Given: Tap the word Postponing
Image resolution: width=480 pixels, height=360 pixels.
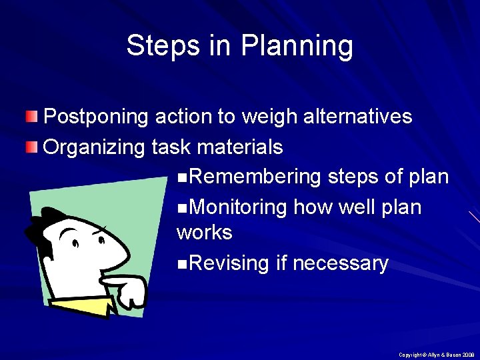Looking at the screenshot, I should [96, 117].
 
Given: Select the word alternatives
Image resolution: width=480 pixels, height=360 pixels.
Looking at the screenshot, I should [357, 117].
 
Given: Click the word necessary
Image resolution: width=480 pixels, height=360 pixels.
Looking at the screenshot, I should [340, 264].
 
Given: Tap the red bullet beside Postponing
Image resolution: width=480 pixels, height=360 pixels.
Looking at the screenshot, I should [32, 117].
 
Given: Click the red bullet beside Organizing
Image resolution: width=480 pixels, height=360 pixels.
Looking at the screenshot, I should [32, 147].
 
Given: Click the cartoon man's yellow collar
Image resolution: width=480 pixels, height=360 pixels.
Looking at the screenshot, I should [83, 306].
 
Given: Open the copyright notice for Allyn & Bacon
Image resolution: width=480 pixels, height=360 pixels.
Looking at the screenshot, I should [437, 354].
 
